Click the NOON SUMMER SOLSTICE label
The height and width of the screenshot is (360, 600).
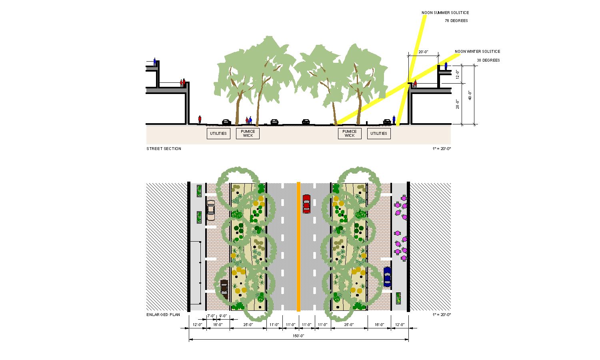pos(445,13)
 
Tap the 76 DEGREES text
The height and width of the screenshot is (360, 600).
pos(456,21)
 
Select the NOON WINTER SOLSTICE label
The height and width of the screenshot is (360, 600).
pos(477,52)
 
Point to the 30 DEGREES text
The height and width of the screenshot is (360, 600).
pos(488,60)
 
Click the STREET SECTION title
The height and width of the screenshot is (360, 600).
pos(164,149)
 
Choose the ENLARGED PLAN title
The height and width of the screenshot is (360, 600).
pos(163,315)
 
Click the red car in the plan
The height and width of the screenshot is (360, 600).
pos(306,204)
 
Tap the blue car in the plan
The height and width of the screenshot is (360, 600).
pos(387,277)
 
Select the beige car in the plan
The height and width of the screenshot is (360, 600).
pos(211,210)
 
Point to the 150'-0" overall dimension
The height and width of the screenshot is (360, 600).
pos(298,336)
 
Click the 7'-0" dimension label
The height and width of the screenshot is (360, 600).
pos(211,316)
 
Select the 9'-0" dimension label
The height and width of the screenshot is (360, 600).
pos(223,316)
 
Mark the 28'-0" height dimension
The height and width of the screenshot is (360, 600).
pos(458,104)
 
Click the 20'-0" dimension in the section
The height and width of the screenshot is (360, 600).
pos(423,52)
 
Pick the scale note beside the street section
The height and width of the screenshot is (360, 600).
pos(442,149)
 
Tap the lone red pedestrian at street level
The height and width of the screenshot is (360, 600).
pos(200,120)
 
